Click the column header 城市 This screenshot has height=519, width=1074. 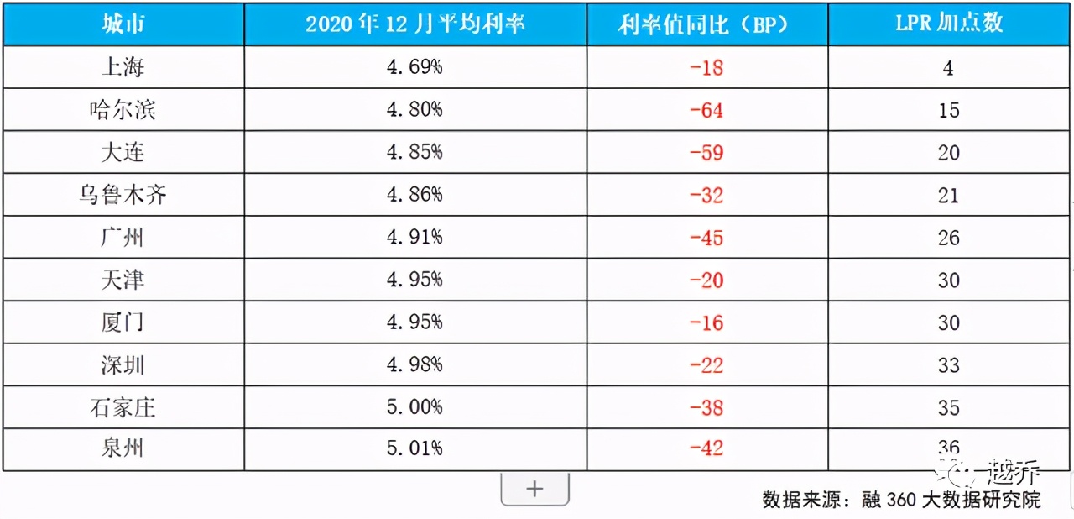pos(123,24)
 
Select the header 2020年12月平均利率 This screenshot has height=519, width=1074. pos(414,24)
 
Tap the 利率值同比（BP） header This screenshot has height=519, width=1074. pos(706,24)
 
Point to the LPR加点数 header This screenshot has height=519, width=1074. pos(948,24)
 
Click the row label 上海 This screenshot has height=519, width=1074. pos(123,67)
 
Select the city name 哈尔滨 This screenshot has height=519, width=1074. pos(123,110)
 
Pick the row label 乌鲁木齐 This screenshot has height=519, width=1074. pos(123,195)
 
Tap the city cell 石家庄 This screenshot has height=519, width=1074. pos(123,407)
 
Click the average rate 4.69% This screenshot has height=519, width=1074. pos(414,67)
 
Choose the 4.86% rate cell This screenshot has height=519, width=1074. pos(414,195)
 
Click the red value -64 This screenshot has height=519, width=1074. pos(706,110)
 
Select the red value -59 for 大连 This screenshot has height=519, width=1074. pos(706,153)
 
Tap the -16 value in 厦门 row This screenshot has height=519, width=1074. pos(706,322)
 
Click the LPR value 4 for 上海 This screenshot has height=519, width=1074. pos(948,67)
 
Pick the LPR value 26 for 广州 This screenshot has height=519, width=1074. pos(948,238)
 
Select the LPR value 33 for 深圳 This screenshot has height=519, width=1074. pos(948,365)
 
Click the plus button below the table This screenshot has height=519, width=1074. pos(534,489)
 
